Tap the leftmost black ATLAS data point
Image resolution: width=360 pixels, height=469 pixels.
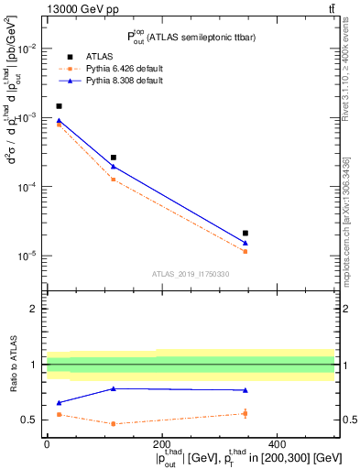(60, 106)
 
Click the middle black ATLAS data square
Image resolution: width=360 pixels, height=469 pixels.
(114, 158)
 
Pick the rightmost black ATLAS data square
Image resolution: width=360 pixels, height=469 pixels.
(245, 234)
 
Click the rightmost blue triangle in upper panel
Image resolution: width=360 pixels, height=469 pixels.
(245, 243)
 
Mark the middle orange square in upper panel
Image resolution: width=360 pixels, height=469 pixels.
(114, 179)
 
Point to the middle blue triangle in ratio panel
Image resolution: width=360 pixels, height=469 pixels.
(114, 388)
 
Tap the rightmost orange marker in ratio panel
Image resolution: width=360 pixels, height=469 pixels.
(245, 413)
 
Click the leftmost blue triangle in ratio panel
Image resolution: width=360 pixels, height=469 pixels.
(60, 403)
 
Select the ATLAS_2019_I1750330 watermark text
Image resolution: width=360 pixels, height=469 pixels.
(191, 274)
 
